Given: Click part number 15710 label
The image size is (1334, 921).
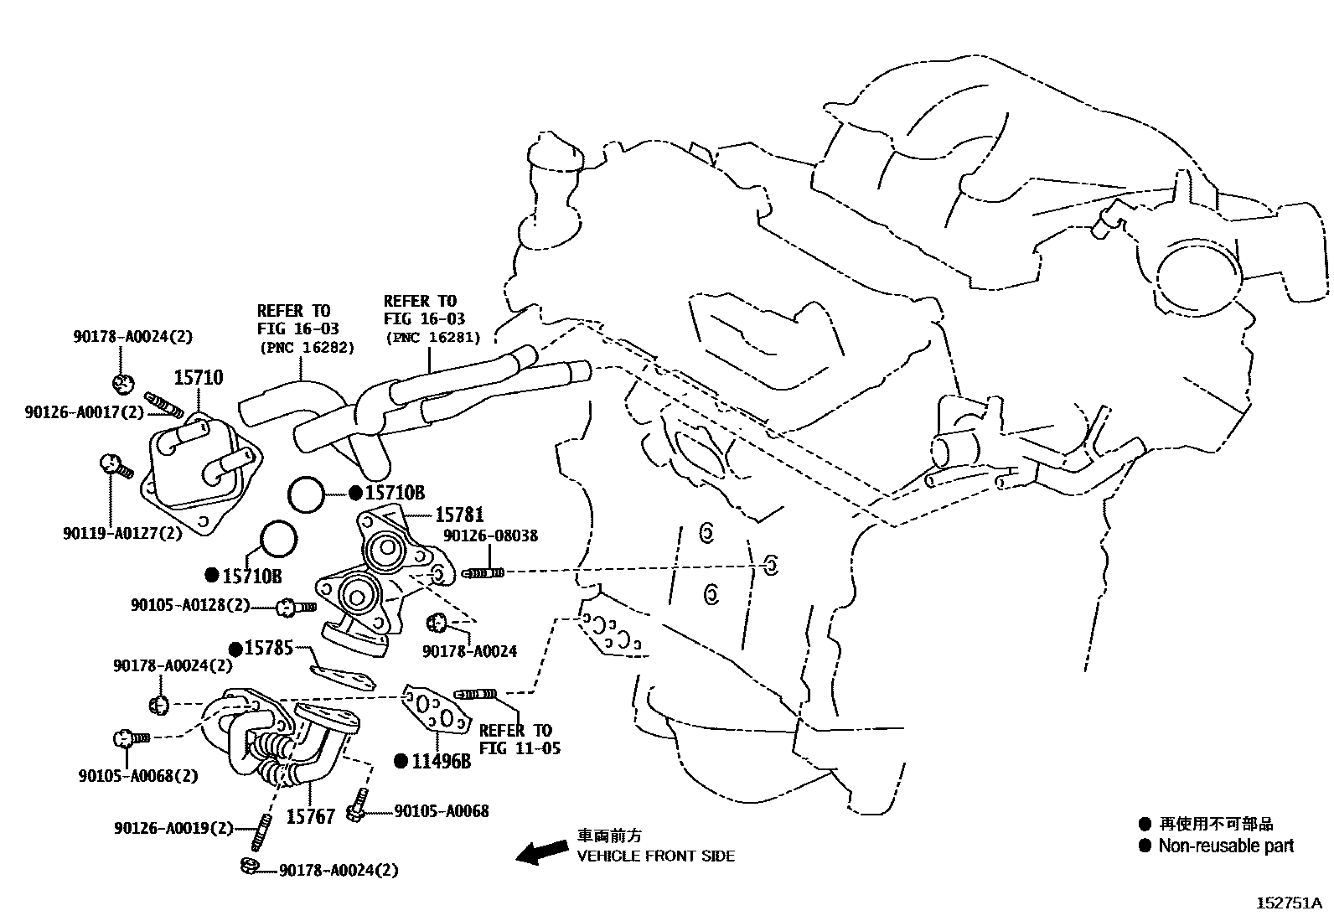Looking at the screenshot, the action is coord(199,378).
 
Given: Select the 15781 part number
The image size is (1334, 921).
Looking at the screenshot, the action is coord(458,515).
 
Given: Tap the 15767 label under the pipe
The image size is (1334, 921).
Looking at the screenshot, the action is coord(311,815).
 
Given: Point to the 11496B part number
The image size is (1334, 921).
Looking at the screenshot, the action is coord(442,761).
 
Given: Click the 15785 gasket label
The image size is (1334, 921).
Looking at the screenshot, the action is coord(269,649).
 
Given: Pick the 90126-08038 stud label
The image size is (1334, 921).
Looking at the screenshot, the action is coord(490,536).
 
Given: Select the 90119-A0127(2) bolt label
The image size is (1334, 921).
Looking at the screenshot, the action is coord(122,533).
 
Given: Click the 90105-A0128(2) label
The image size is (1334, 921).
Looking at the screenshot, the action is coord(190,604).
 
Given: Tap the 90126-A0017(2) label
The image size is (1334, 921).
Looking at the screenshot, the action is coord(84,411).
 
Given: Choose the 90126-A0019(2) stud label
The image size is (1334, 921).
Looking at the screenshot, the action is coord(173,828).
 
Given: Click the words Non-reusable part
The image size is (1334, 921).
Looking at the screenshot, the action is coord(1226,846).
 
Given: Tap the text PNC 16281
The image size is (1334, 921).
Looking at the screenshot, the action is coord(433,338).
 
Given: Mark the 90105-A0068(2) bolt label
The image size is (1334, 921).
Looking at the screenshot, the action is coord(138,775).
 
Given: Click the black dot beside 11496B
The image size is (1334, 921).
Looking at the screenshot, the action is coord(401,761).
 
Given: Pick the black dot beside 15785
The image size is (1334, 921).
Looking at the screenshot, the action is coord(236,649).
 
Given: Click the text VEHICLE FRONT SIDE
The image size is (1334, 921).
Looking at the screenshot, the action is coord(656,856).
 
